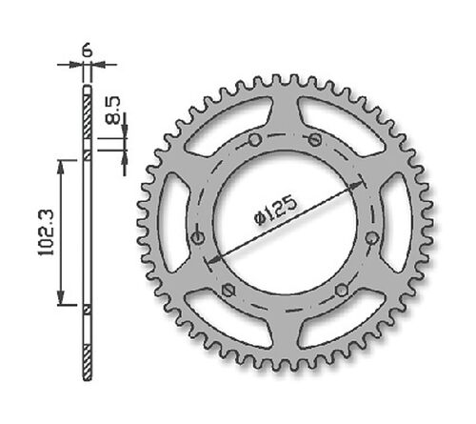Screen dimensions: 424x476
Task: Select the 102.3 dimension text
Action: pyautogui.click(x=41, y=232)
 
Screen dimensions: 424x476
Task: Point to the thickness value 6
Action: pyautogui.click(x=89, y=48)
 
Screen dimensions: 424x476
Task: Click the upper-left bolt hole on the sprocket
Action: pyautogui.click(x=254, y=140)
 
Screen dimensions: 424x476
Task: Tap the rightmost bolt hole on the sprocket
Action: pyautogui.click(x=369, y=237)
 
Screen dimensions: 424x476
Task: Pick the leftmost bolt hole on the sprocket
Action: pyautogui.click(x=198, y=237)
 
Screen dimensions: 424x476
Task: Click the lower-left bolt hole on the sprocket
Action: pyautogui.click(x=227, y=289)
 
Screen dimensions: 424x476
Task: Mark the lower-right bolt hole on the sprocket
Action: pyautogui.click(x=340, y=289)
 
